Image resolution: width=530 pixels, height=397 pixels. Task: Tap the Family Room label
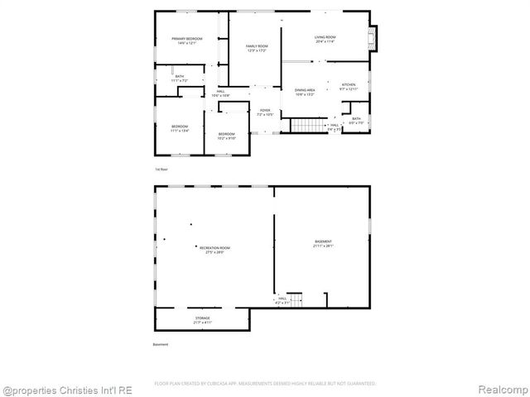coord(257,48)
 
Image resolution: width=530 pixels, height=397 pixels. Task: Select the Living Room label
coord(324,39)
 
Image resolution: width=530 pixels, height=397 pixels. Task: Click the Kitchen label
coord(348,86)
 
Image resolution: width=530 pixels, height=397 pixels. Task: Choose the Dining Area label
coord(306,92)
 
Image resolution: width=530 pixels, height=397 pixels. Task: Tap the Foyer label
coord(265,112)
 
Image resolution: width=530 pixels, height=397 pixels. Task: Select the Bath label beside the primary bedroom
coord(179,79)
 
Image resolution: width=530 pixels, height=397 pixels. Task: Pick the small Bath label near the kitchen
coord(356,120)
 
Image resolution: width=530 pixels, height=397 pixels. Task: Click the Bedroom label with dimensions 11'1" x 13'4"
coord(180,128)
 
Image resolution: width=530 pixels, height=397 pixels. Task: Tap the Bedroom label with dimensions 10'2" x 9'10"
coord(226,136)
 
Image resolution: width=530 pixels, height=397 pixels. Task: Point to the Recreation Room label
coord(214,249)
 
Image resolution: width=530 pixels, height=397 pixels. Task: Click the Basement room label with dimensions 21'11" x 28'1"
coord(322,244)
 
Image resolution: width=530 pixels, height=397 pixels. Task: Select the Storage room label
coord(203,320)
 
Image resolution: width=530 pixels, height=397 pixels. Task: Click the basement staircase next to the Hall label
coord(296,299)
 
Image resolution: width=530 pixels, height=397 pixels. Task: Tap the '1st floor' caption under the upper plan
coord(161,170)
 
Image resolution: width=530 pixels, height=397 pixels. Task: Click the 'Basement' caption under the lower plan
coord(161,344)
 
